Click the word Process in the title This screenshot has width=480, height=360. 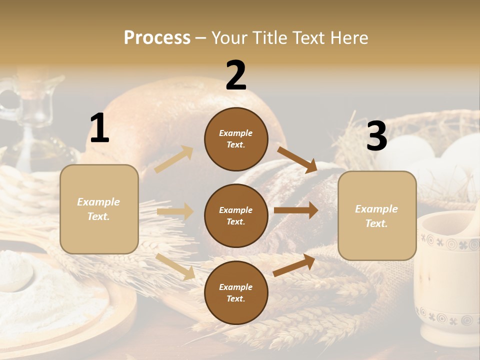(x=157, y=38)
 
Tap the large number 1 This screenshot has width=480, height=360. (x=99, y=128)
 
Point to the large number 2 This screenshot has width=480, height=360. (x=236, y=75)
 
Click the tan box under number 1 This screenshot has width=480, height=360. (x=99, y=209)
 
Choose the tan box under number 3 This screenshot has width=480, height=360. (x=377, y=215)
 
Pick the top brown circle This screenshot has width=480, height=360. (x=236, y=139)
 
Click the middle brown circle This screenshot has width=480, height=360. (x=236, y=215)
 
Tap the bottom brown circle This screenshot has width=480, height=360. (x=236, y=292)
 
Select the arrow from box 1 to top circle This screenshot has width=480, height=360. (x=174, y=159)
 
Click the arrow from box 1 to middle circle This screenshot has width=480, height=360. (x=175, y=211)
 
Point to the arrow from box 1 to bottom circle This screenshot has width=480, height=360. (x=175, y=266)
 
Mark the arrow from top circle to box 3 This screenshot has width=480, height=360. (x=297, y=159)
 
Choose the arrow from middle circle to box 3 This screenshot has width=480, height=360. (x=296, y=210)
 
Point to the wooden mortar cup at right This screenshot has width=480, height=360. (x=447, y=280)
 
